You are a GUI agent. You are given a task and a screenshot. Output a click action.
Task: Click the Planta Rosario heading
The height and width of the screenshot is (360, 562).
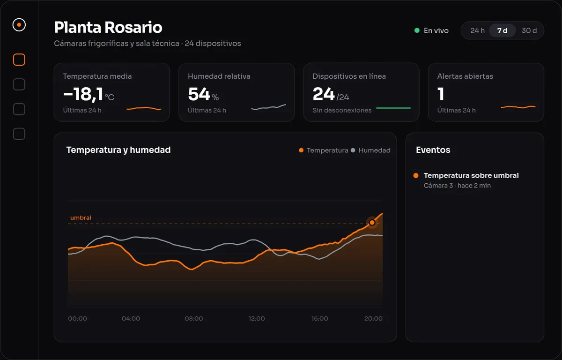click(x=108, y=27)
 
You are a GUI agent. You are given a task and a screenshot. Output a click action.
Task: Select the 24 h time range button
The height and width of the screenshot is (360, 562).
click(x=477, y=30)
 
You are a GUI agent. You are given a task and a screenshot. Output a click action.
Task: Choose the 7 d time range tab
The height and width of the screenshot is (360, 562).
click(x=502, y=30)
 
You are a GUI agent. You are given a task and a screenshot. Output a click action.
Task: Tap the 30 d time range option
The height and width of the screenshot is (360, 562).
click(x=529, y=30)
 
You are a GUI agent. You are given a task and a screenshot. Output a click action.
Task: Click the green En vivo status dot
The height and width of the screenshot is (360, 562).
click(x=417, y=30)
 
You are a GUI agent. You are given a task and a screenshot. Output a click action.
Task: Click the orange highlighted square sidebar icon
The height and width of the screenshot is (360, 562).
click(x=19, y=60)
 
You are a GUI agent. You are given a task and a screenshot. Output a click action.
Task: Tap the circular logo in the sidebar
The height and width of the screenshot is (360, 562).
click(x=19, y=25)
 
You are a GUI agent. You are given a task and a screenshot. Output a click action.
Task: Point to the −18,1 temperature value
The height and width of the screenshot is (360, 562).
click(x=83, y=94)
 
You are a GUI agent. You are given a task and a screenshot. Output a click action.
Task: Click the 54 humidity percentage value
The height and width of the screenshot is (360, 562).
click(x=199, y=94)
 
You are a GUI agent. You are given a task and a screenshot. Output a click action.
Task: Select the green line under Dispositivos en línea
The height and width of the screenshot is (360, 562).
click(x=393, y=108)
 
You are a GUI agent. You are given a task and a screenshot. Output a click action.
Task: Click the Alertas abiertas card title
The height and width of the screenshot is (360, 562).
click(x=465, y=76)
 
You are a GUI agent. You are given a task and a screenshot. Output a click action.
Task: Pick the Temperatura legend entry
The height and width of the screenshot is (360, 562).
click(x=324, y=150)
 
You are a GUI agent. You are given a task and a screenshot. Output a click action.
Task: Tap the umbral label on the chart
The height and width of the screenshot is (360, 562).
click(x=81, y=217)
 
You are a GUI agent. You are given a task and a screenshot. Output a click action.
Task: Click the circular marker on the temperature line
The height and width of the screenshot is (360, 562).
click(x=372, y=223)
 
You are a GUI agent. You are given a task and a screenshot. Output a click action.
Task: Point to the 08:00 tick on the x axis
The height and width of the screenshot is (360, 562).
click(x=194, y=318)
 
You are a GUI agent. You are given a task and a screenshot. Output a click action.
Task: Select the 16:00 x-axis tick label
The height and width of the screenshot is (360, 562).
click(x=319, y=318)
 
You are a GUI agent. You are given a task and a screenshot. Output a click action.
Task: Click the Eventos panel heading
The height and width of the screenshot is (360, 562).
click(x=433, y=150)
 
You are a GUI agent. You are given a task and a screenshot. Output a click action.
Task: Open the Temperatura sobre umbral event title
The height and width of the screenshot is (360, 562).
click(x=471, y=175)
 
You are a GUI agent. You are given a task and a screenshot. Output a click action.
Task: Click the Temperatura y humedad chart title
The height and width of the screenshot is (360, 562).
click(x=118, y=150)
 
